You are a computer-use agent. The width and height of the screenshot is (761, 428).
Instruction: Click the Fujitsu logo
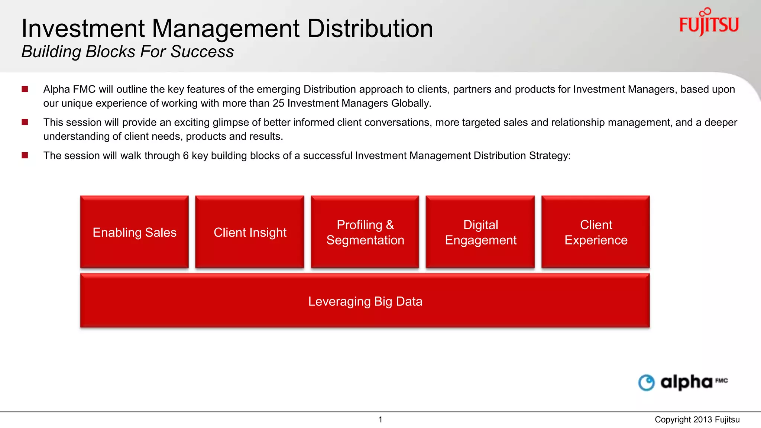[x=709, y=23]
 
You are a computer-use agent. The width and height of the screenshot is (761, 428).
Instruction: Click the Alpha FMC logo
[x=683, y=382]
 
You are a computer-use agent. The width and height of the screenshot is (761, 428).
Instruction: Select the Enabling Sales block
[x=134, y=232]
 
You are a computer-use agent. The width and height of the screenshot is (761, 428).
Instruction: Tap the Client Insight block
[x=250, y=232]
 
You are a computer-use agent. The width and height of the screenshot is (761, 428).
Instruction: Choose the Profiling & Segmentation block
[x=365, y=232]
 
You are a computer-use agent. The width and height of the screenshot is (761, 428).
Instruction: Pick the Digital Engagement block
[x=480, y=232]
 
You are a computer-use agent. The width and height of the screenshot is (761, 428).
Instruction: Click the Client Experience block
[x=596, y=232]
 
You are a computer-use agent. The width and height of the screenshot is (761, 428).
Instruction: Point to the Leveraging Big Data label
[x=365, y=301]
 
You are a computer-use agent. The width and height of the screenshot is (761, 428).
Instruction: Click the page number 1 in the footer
[x=380, y=420]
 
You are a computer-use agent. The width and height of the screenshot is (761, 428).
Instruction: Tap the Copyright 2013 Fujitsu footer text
[x=697, y=420]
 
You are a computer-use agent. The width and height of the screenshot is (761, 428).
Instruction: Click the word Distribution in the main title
[x=370, y=29]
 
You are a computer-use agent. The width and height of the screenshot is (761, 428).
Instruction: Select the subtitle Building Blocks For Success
[x=127, y=52]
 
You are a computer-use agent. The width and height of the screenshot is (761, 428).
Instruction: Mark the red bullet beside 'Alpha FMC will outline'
[x=25, y=89]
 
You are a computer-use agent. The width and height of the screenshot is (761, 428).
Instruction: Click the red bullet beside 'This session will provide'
[x=25, y=122]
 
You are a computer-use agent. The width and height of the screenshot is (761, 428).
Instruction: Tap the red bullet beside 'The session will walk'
[x=25, y=155]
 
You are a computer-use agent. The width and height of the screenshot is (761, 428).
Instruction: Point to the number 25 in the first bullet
[x=278, y=103]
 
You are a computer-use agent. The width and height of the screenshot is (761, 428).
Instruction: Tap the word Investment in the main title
[x=83, y=29]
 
